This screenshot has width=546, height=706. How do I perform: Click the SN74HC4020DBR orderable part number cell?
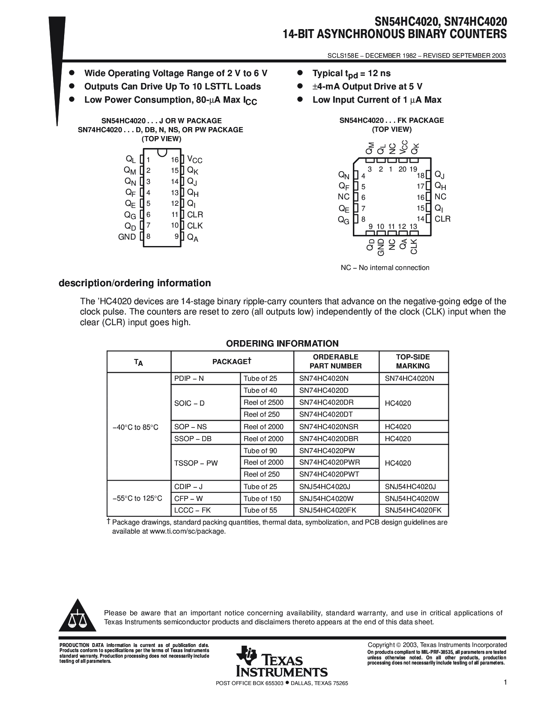[x=328, y=439]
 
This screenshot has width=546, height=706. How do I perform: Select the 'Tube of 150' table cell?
[x=262, y=498]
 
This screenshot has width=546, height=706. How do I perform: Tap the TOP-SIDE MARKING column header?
[x=413, y=362]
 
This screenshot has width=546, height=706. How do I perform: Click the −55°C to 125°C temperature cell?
[x=137, y=498]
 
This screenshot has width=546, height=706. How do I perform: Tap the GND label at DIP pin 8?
[x=127, y=237]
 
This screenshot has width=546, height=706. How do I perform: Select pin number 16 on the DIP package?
[x=174, y=160]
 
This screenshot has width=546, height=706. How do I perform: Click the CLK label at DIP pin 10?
[x=195, y=225]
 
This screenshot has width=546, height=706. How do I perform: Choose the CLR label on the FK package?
[x=442, y=219]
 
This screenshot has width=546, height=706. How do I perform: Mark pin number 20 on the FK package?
[x=402, y=169]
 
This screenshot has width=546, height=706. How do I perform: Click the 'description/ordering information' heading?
[x=134, y=283]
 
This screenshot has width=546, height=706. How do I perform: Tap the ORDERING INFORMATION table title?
[x=282, y=344]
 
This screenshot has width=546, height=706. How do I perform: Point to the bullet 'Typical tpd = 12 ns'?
[x=351, y=74]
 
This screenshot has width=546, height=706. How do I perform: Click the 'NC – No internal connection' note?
[x=385, y=268]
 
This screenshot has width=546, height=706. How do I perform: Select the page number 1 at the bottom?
[x=505, y=683]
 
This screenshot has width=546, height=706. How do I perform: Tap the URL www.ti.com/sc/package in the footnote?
[x=187, y=531]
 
